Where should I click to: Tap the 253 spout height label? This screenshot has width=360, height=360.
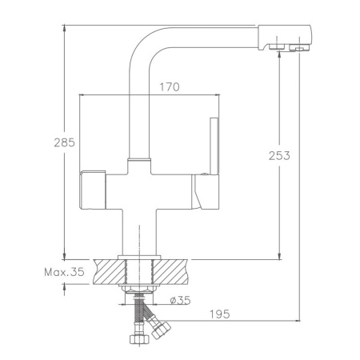pos(278,155)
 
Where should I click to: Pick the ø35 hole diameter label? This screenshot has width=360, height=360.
pos(179,301)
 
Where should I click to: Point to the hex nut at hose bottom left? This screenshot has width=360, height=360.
pos(137,340)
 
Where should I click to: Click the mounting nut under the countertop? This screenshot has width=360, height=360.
pos(138,290)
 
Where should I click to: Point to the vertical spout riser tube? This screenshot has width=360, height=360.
pos(138,112)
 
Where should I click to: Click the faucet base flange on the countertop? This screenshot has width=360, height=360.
pos(138,255)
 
